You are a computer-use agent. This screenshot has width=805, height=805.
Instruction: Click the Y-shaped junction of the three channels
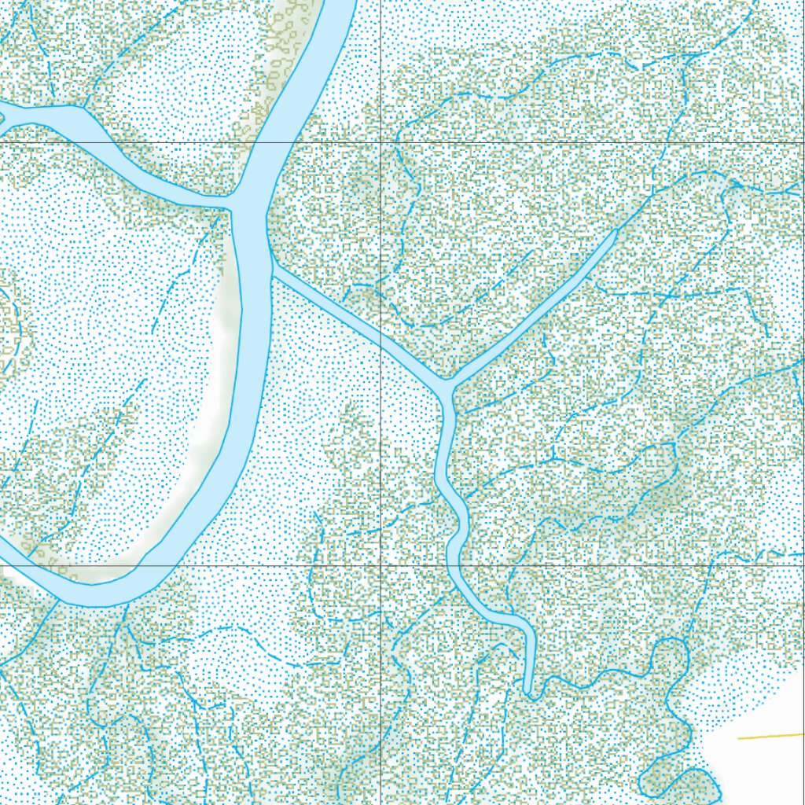pyautogui.click(x=449, y=385)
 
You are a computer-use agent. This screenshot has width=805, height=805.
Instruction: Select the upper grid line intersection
pyautogui.click(x=381, y=142)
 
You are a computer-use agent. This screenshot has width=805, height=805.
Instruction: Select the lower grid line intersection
pyautogui.click(x=381, y=564)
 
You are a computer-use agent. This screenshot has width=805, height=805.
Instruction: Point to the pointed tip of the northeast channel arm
pyautogui.click(x=615, y=231)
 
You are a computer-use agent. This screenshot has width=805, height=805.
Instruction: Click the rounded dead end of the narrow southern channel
pyautogui.click(x=530, y=692)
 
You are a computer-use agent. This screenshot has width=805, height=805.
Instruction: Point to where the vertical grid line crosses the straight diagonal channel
pyautogui.click(x=381, y=336)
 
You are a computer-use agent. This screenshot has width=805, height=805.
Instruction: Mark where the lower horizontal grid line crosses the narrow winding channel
pyautogui.click(x=454, y=564)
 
